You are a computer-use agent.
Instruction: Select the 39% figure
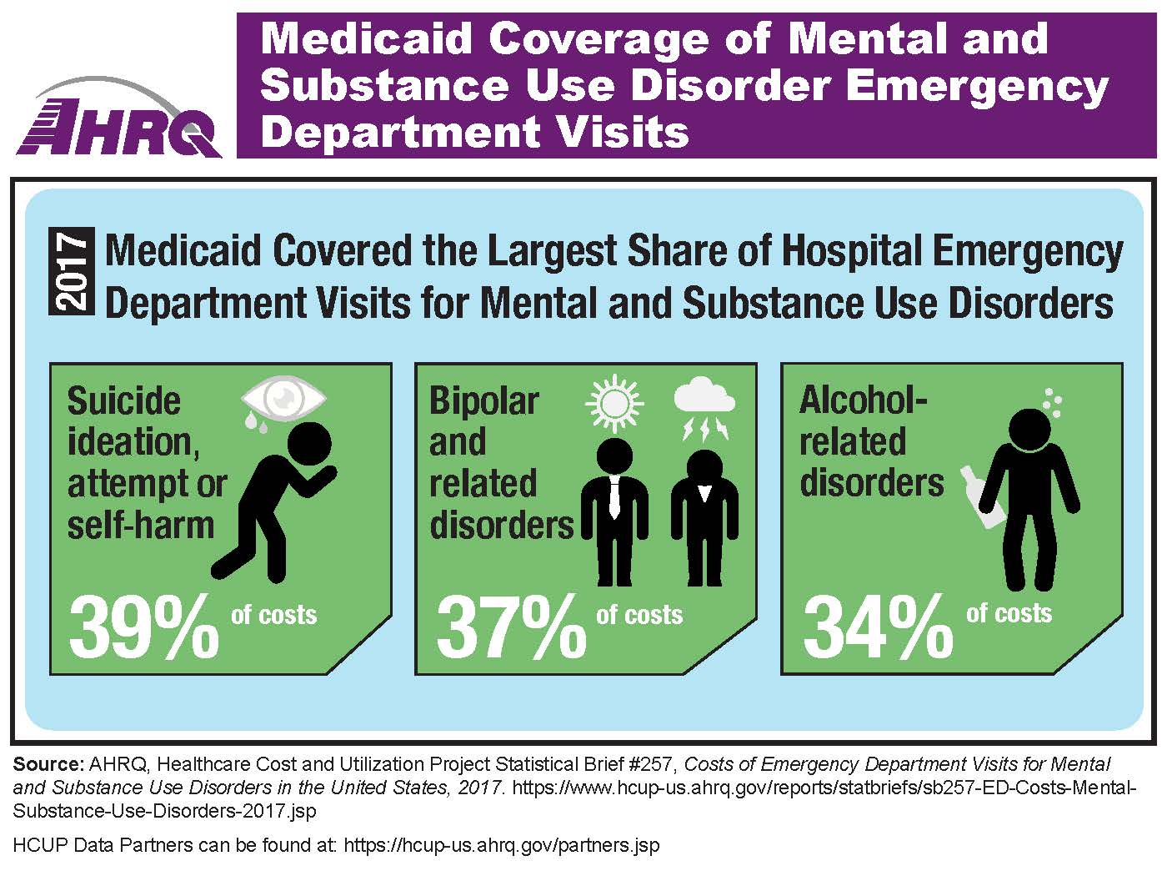click(144, 627)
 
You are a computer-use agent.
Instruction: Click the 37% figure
click(511, 627)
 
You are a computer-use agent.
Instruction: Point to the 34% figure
click(878, 627)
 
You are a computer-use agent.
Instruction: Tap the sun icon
click(615, 404)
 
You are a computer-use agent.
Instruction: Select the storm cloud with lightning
click(704, 409)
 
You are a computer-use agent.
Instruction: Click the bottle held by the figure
click(982, 497)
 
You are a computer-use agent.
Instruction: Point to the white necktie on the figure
click(614, 498)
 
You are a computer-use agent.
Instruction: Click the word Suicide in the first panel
click(123, 401)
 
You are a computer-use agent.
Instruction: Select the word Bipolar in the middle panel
click(483, 401)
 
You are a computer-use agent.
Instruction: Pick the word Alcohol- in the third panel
click(863, 400)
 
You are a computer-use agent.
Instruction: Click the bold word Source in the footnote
click(48, 764)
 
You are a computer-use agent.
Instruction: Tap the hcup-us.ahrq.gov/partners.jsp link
click(501, 845)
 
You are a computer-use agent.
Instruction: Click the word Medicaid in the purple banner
click(368, 39)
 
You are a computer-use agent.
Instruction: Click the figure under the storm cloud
click(704, 517)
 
